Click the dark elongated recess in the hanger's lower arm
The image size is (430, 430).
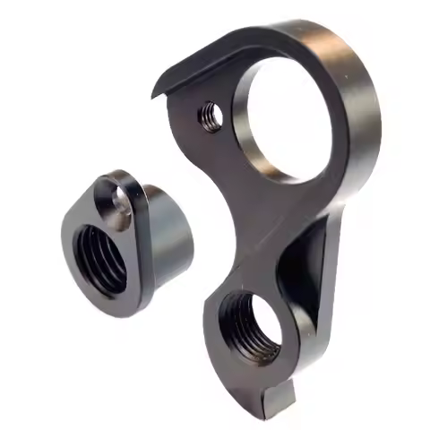(x=300, y=269)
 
